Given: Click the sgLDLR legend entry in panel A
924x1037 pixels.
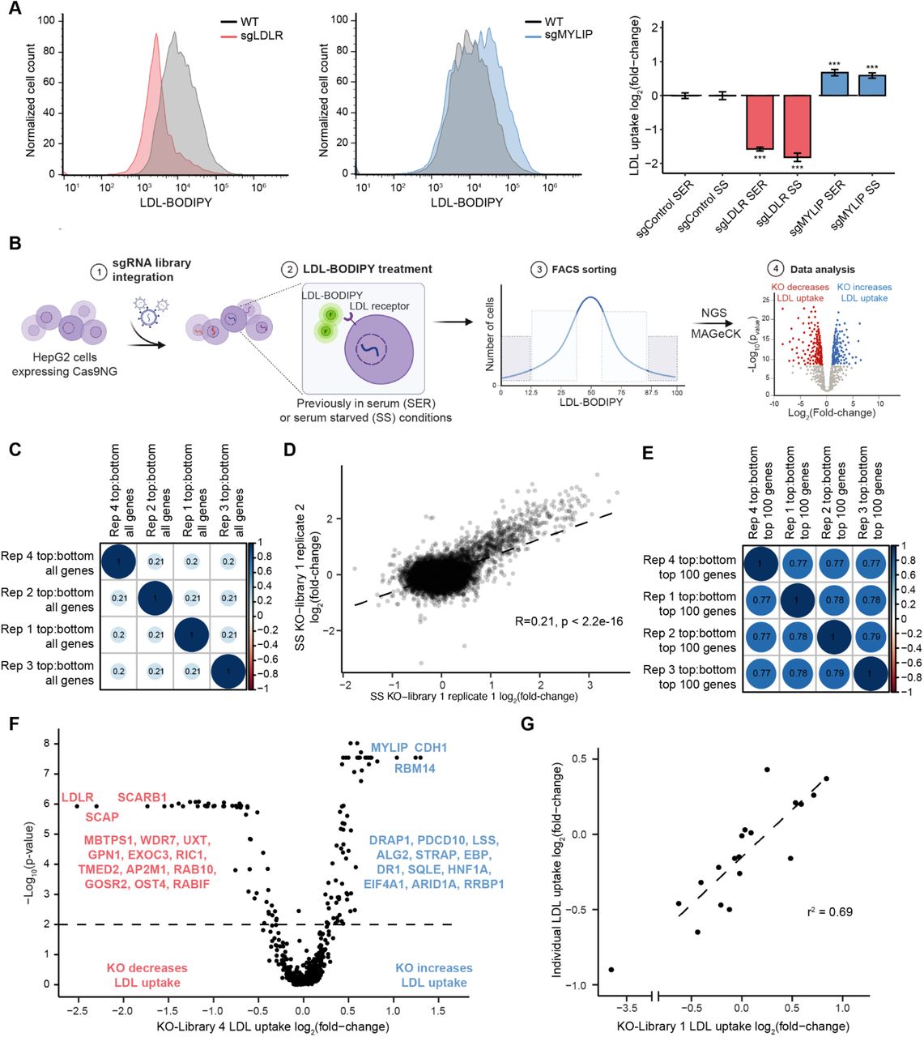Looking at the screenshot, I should pos(262,36).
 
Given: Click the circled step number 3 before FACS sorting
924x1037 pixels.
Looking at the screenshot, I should pos(539,269).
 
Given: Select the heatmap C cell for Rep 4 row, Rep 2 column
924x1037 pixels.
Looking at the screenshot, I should pos(155,562).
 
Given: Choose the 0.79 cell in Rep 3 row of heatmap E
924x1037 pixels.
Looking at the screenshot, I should pos(837,673).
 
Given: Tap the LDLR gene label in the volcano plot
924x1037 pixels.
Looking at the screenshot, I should pos(78,799).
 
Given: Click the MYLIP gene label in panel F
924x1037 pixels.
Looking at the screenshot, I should pos(390,748).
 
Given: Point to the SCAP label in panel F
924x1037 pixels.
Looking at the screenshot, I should pos(102,817).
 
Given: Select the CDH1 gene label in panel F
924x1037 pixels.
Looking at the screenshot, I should pos(431,748).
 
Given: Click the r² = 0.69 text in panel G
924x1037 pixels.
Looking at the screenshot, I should pos(830,911).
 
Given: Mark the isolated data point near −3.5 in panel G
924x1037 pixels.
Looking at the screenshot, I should pos(611,969).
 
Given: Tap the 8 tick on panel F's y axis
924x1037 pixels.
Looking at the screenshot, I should pos(47,743).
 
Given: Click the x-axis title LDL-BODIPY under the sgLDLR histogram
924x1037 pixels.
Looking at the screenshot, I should pos(176,202).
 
